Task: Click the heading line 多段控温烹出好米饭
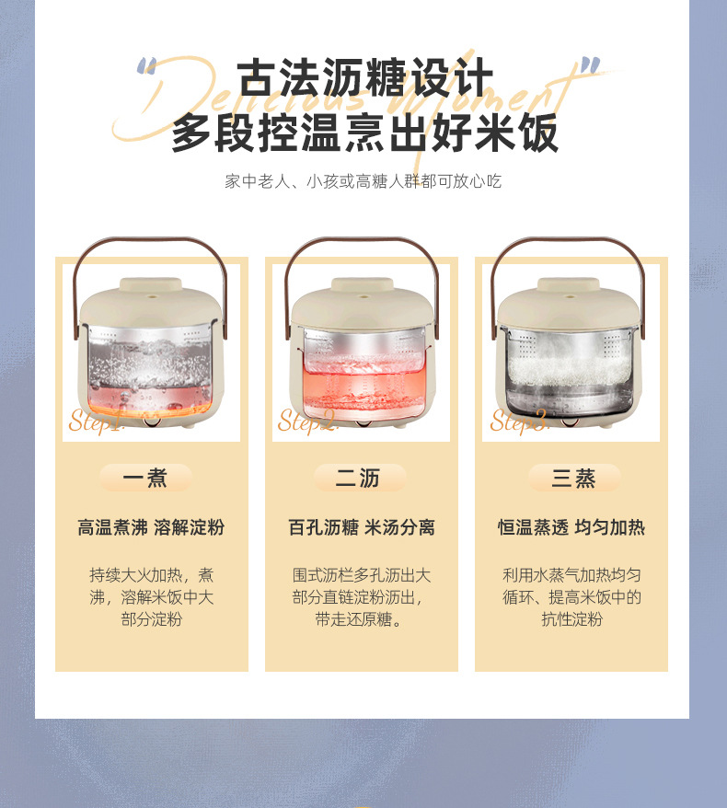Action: tap(364, 133)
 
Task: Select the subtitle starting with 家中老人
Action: tap(363, 181)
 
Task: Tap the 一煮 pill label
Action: tap(145, 478)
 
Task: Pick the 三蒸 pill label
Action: tap(573, 478)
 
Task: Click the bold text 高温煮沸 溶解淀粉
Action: tap(151, 527)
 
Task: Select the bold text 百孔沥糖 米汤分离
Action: tap(362, 527)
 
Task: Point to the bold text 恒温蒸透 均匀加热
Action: tap(571, 527)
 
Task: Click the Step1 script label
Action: tap(96, 421)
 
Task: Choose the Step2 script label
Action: tap(307, 421)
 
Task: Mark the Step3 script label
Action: tap(519, 421)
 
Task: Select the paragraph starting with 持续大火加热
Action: tap(152, 596)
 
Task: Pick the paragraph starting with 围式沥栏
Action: tap(362, 596)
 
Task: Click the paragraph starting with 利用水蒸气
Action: tap(571, 596)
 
